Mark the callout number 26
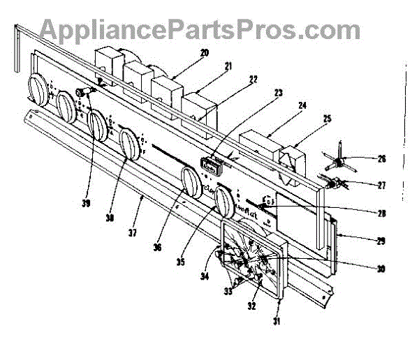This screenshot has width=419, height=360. pos(381,158)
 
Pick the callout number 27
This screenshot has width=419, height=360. pos(381,185)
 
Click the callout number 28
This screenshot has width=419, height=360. pos(381,213)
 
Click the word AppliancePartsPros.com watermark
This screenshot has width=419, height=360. pos(199,29)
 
